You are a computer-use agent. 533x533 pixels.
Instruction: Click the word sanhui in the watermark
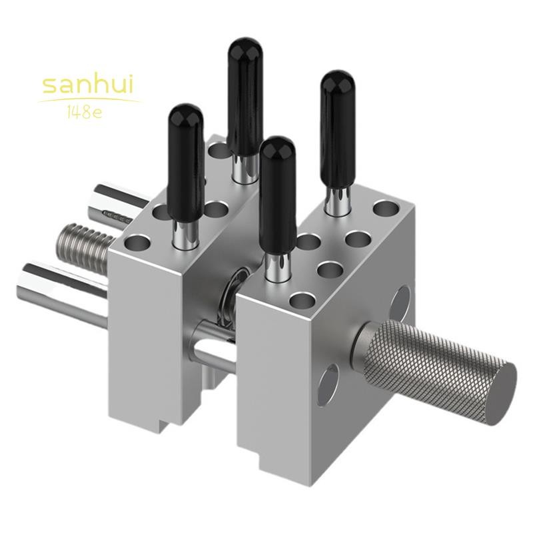pos(88,85)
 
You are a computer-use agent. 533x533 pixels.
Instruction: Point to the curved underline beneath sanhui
pos(89,101)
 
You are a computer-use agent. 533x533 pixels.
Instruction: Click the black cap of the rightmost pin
pos(338,129)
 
